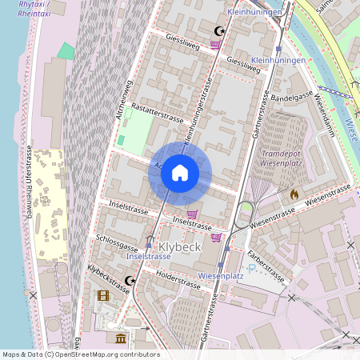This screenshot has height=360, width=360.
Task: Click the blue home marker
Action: (179, 173)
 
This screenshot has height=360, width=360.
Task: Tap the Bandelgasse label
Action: (292, 96)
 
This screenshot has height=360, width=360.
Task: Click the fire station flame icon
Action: (294, 194)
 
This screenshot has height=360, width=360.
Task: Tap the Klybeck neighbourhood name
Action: (180, 246)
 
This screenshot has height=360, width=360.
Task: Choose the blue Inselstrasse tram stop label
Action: (148, 257)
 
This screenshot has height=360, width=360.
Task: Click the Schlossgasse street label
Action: (117, 243)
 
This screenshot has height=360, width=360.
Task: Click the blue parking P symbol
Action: (253, 269)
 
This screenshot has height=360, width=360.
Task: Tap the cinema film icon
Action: (102, 295)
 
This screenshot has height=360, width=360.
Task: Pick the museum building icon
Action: (120, 338)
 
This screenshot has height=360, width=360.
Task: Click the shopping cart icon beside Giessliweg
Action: (215, 45)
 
